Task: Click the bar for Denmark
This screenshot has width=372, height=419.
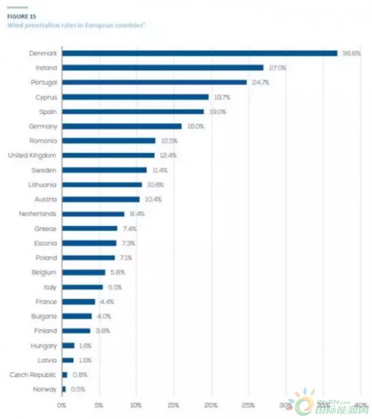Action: tap(198, 53)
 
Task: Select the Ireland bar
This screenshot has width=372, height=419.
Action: tap(162, 67)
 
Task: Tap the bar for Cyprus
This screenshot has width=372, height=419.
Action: tap(135, 97)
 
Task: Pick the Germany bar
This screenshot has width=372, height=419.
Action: tap(122, 126)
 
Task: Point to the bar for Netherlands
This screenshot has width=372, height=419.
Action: tap(92, 214)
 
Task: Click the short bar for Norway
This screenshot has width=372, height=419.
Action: tap(63, 389)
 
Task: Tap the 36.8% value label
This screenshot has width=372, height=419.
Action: tap(352, 53)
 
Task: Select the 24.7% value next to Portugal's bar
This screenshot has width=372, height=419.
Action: tap(261, 82)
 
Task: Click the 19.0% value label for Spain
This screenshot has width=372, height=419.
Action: tap(218, 112)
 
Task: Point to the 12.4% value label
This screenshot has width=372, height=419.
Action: tap(167, 155)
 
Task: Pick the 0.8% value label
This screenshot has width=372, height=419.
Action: tap(80, 375)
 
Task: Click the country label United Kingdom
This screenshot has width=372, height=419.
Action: tap(32, 155)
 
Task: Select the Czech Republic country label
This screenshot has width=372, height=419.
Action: tap(33, 375)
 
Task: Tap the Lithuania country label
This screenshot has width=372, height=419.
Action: tap(42, 184)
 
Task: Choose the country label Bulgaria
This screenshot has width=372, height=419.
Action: tap(43, 316)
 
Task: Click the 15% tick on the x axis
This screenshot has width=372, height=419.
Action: tap(173, 405)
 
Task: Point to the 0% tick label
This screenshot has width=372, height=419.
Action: tap(61, 405)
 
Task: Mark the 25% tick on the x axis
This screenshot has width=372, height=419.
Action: tap(248, 405)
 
